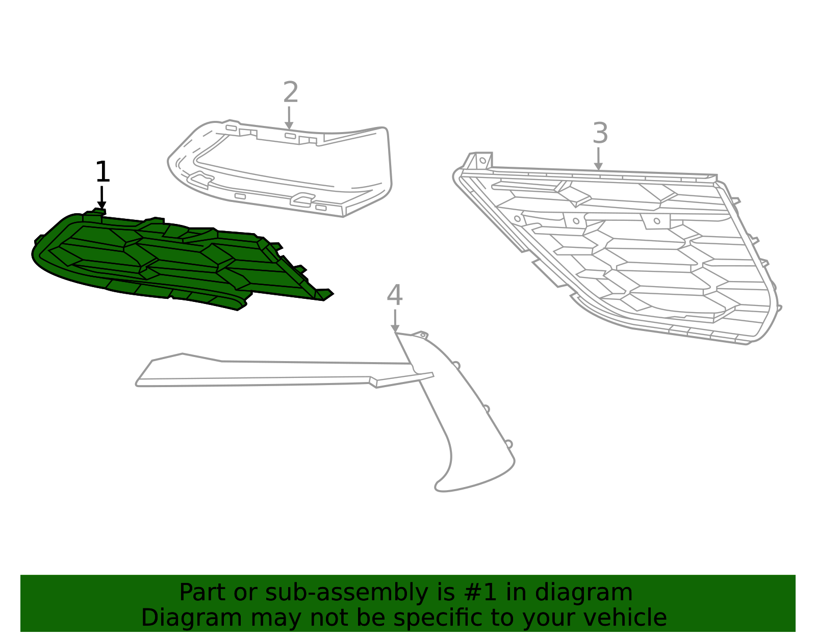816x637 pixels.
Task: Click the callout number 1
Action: (x=103, y=172)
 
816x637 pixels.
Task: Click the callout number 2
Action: (x=291, y=92)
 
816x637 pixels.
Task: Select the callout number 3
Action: (x=600, y=133)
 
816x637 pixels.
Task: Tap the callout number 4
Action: (x=395, y=295)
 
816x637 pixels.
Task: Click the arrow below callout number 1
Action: (x=102, y=197)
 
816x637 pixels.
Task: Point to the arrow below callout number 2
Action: (x=289, y=118)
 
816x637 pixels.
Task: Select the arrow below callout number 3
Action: (x=598, y=159)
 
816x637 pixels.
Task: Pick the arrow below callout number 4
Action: (x=395, y=321)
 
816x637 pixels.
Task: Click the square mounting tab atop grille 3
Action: (x=483, y=161)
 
